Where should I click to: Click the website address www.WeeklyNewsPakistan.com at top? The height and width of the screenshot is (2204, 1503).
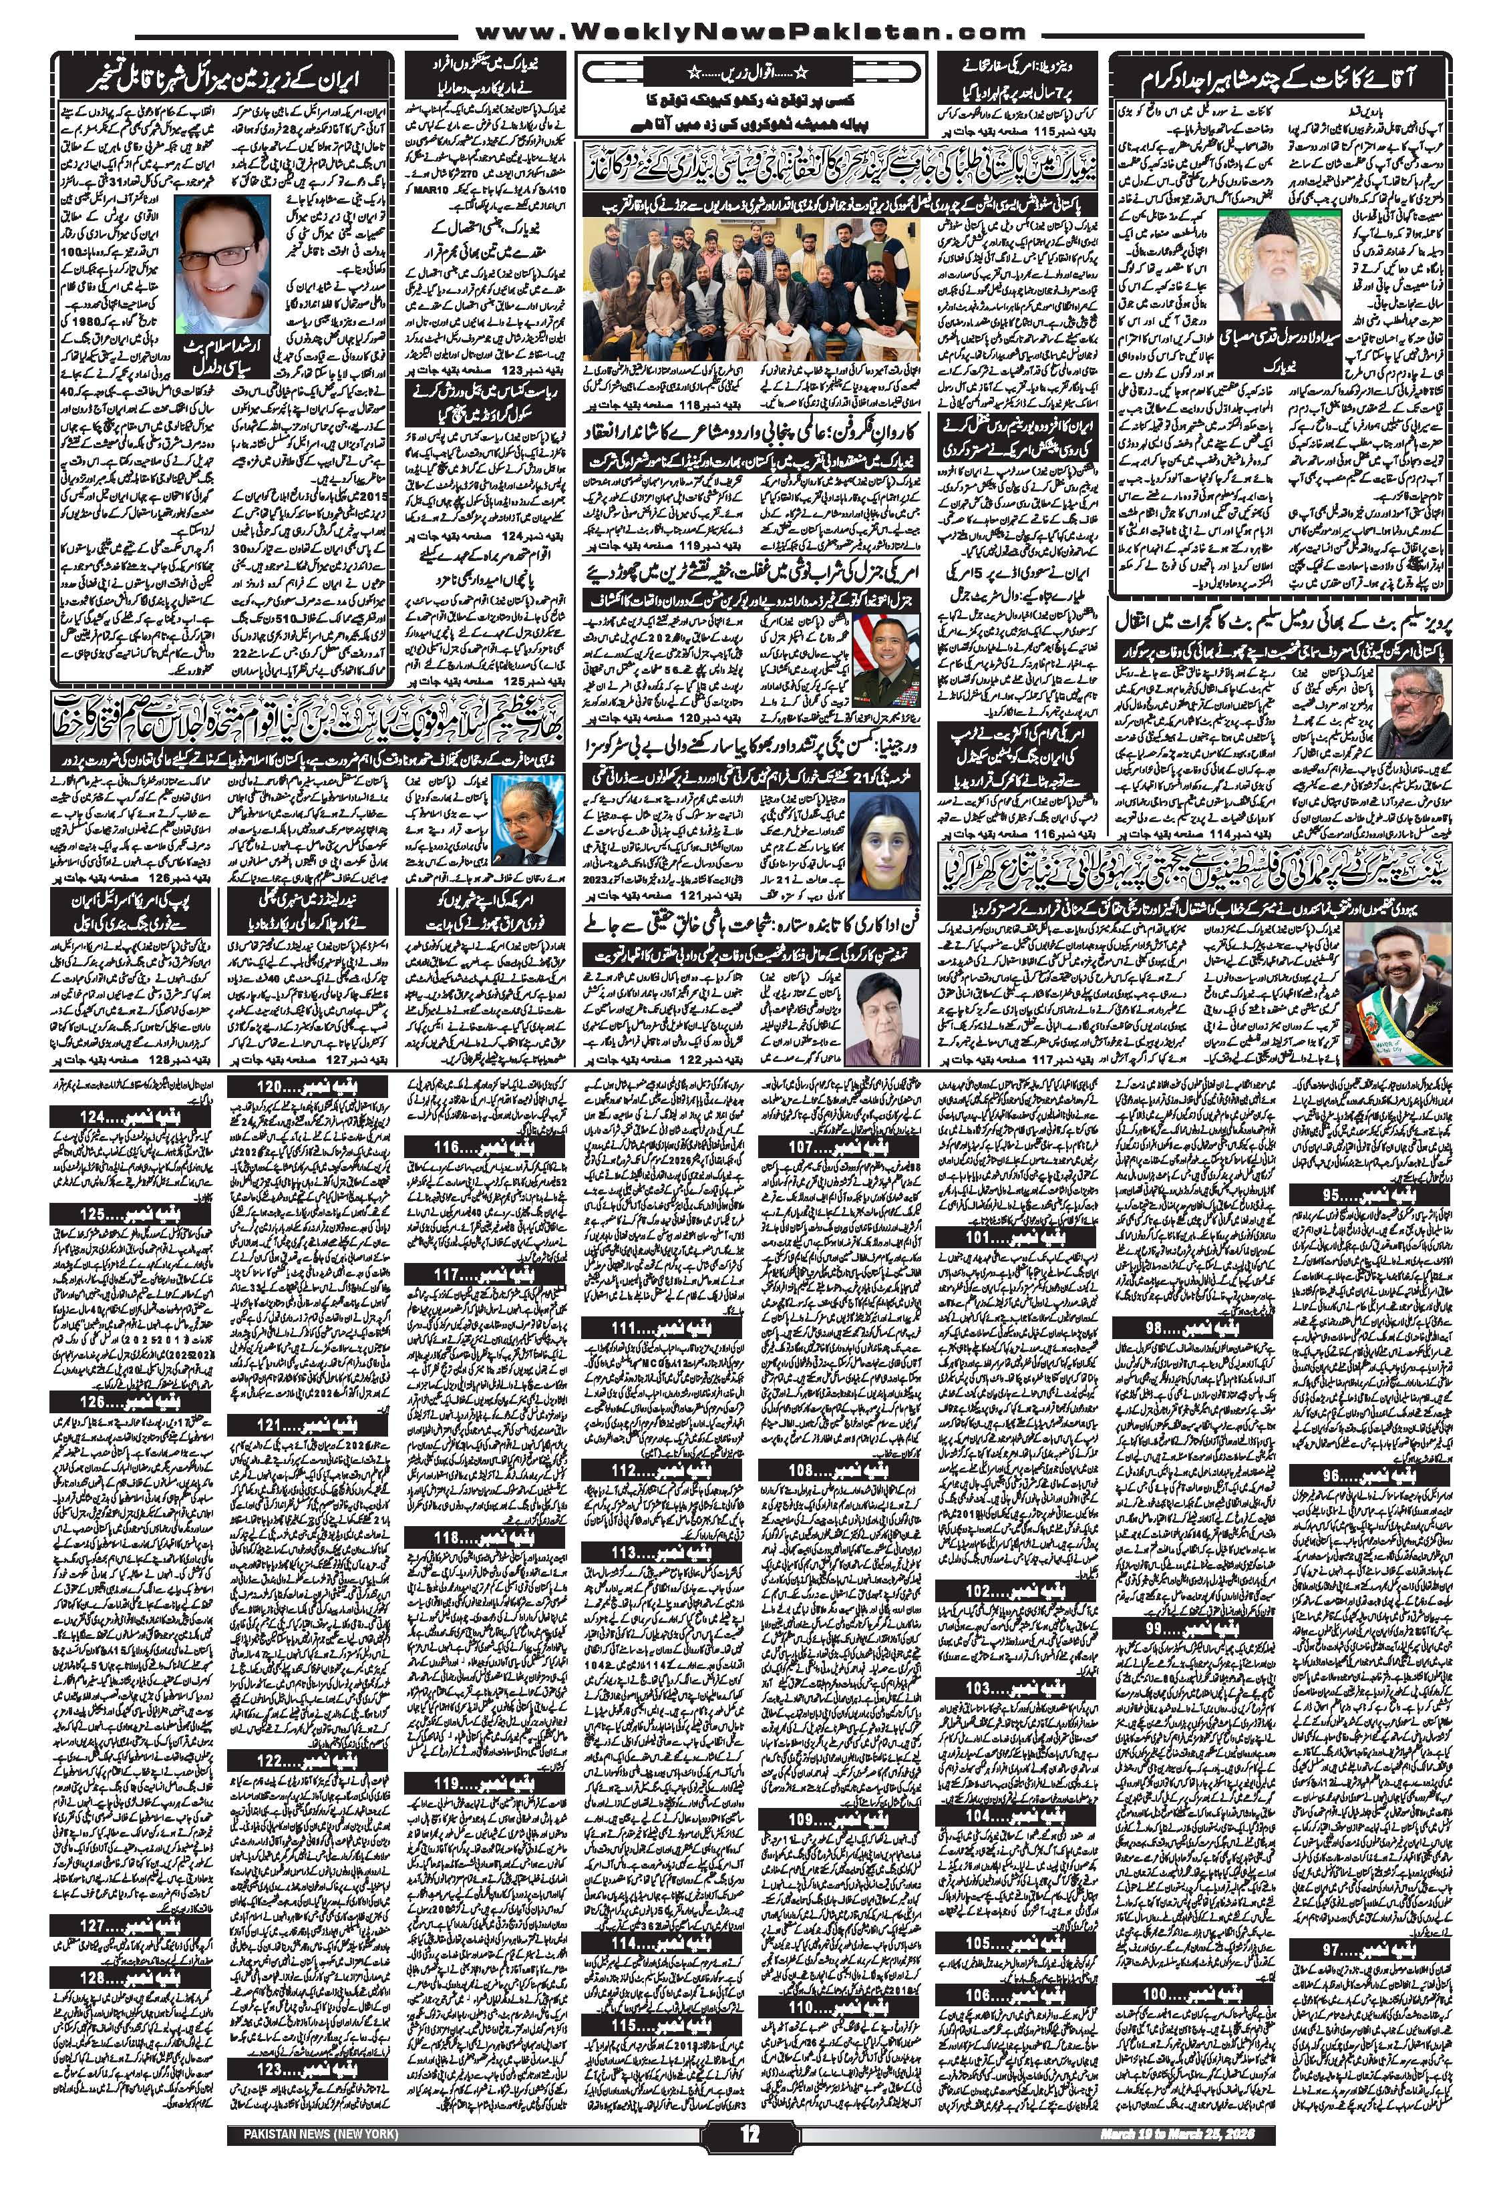(x=751, y=29)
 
